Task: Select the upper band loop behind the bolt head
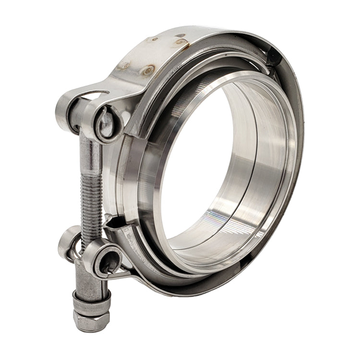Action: [65, 107]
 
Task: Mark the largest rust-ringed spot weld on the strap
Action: [149, 70]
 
